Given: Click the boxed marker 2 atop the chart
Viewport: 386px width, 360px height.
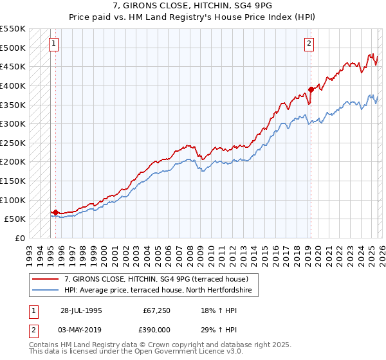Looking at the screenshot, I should [x=309, y=44].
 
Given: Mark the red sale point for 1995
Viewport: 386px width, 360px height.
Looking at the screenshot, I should [x=55, y=212].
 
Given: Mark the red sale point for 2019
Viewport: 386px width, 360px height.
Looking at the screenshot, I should [x=311, y=89].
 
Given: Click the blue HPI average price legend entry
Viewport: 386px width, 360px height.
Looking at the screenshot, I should [x=161, y=291].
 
